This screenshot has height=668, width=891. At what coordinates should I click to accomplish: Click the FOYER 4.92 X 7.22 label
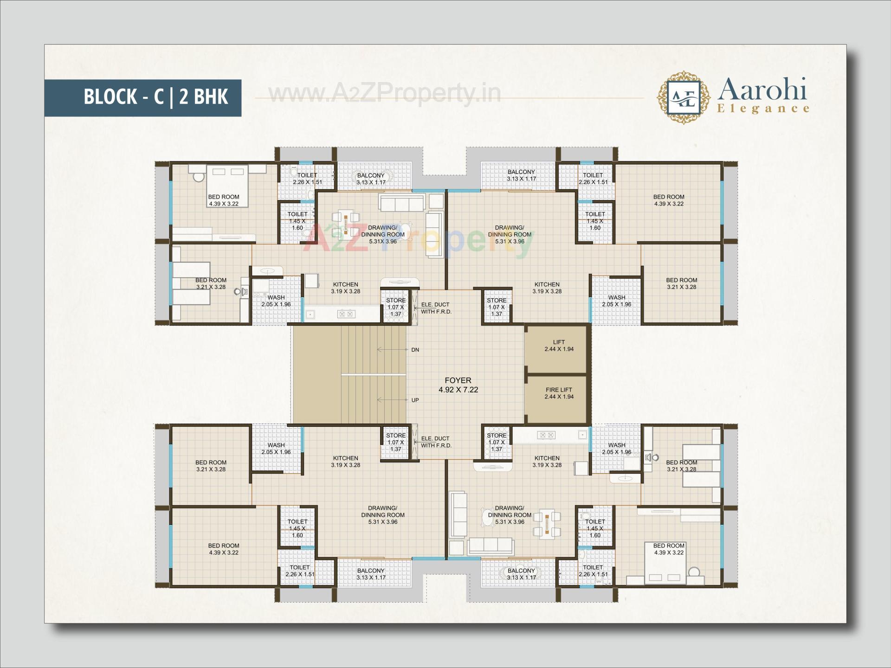click(458, 385)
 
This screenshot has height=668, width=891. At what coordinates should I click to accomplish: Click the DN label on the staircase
click(415, 350)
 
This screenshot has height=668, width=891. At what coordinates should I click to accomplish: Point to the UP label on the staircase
click(415, 400)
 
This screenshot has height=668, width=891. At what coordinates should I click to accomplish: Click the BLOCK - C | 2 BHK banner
click(143, 97)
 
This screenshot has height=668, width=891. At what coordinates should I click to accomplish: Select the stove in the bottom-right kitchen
click(546, 435)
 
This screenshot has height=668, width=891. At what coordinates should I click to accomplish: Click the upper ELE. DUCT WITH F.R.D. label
click(436, 308)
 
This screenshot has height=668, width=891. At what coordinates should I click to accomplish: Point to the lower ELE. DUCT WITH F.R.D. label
click(436, 442)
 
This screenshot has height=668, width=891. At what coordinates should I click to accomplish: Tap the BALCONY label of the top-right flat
click(521, 175)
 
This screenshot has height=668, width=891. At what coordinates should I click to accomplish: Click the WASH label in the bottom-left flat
click(276, 448)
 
